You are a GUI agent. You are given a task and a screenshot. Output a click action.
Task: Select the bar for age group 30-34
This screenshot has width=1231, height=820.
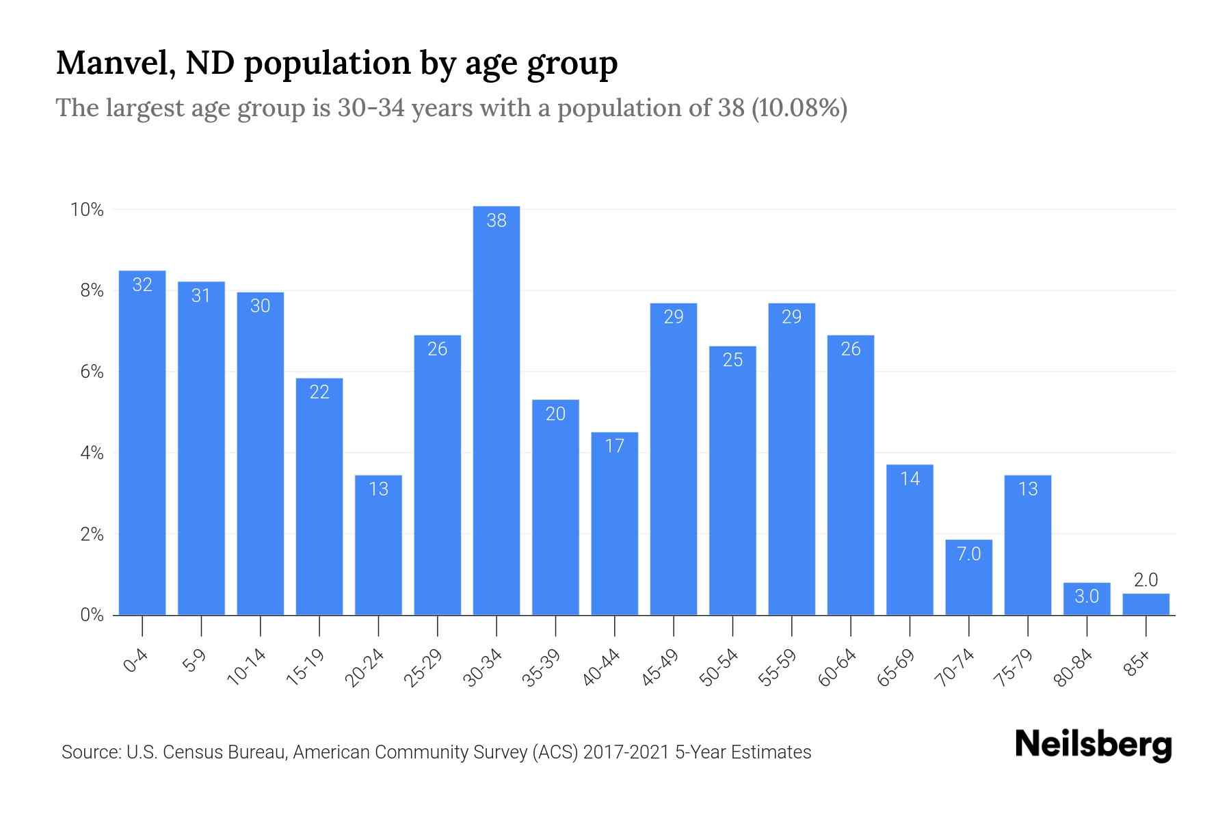[x=497, y=410]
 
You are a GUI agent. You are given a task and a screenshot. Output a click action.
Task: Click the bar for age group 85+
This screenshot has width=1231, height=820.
[x=1146, y=604]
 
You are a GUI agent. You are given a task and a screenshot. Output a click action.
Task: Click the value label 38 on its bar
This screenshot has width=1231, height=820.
[x=497, y=220]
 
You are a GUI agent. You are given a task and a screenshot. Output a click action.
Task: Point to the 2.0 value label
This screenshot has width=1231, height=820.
[x=1146, y=580]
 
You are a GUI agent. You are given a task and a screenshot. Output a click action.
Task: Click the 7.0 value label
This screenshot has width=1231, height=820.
[x=968, y=553]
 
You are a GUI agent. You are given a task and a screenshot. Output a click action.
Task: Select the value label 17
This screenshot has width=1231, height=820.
[x=614, y=446]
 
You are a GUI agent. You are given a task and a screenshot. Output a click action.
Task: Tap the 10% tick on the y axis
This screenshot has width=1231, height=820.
[x=87, y=210]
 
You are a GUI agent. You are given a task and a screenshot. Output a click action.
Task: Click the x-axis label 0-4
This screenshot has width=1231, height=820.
[x=136, y=661]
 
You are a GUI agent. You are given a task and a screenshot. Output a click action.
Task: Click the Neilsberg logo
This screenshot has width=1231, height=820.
[x=1093, y=745]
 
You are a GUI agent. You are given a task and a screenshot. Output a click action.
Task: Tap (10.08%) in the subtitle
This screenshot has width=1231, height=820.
[x=799, y=108]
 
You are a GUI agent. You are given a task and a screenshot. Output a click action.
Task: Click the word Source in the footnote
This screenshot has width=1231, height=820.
[x=90, y=752]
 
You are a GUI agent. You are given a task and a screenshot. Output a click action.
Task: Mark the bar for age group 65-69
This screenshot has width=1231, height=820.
[x=910, y=540]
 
